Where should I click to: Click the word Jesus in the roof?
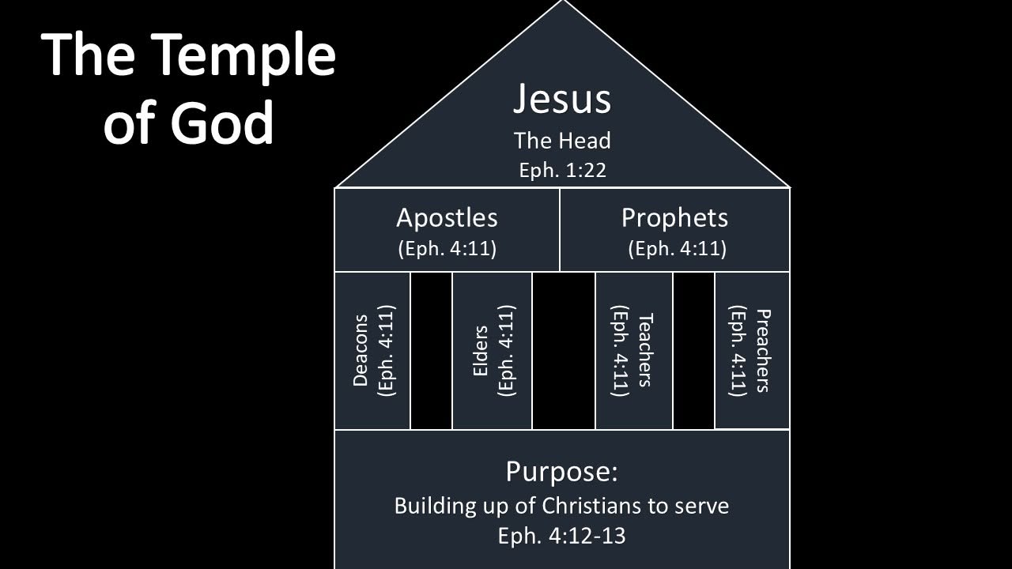pos(562,99)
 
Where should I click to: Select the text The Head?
pos(562,141)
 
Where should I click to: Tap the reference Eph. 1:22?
pos(562,171)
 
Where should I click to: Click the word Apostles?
pos(447,219)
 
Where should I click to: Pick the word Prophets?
pos(674,219)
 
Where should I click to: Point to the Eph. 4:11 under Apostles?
pos(447,249)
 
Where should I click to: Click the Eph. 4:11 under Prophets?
pos(678,249)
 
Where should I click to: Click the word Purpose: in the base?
pos(561,472)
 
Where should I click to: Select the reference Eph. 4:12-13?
pos(561,536)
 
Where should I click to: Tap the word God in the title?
pos(222,121)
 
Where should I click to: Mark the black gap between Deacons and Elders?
pos(431,350)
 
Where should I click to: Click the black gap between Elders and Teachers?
pos(564,350)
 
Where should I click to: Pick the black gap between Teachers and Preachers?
pos(693,350)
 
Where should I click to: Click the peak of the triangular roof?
pos(562,1)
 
